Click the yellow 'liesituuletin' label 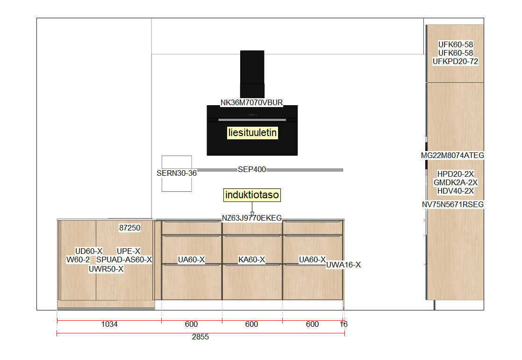tap(252, 132)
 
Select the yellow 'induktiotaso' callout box tap(252, 195)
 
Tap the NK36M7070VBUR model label tap(252, 102)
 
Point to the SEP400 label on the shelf tap(252, 170)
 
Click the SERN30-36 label tap(177, 173)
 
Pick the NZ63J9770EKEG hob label tap(252, 218)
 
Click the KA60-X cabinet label tap(252, 260)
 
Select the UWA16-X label tap(343, 265)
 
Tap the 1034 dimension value tap(109, 324)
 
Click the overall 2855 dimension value tap(200, 337)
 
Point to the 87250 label tap(130, 228)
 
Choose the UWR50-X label tap(106, 269)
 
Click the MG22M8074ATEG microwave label tap(452, 156)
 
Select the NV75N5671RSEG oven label tap(453, 204)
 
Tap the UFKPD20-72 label tap(456, 62)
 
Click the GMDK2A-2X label tap(456, 182)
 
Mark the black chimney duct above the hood tap(252, 74)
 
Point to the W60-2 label tap(78, 260)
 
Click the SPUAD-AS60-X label tap(124, 260)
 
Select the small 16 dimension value tap(343, 324)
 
